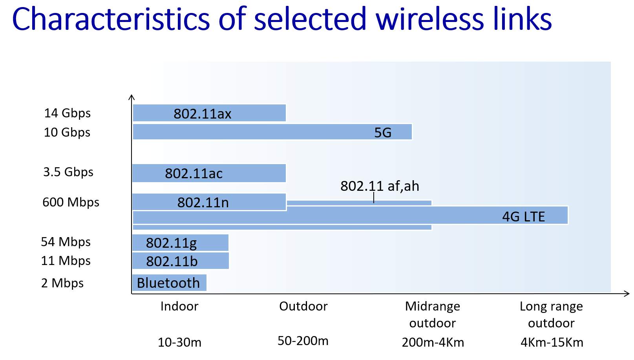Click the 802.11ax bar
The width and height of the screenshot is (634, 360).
pyautogui.click(x=209, y=113)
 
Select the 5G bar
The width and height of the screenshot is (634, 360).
pyautogui.click(x=272, y=132)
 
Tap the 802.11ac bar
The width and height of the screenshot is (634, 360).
pyautogui.click(x=209, y=173)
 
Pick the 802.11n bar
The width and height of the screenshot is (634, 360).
pyautogui.click(x=209, y=202)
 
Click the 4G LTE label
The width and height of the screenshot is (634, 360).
pyautogui.click(x=523, y=217)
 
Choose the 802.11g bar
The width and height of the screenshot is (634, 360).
pyautogui.click(x=180, y=243)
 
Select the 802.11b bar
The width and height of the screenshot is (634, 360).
pyautogui.click(x=180, y=261)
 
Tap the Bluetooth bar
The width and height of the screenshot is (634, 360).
pyautogui.click(x=169, y=283)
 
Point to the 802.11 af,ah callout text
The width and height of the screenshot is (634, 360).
pyautogui.click(x=380, y=186)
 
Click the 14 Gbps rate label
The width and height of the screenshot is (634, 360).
pyautogui.click(x=68, y=113)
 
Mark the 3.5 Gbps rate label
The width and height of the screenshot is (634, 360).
pyautogui.click(x=68, y=172)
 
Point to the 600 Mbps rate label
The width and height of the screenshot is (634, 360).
pyautogui.click(x=71, y=202)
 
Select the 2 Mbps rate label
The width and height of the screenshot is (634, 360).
pyautogui.click(x=62, y=283)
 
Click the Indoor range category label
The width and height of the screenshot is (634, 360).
pyautogui.click(x=179, y=306)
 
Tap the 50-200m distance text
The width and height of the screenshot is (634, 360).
pyautogui.click(x=303, y=341)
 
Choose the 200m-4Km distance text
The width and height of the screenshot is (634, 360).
pyautogui.click(x=433, y=342)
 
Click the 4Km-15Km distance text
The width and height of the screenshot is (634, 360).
pyautogui.click(x=552, y=342)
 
